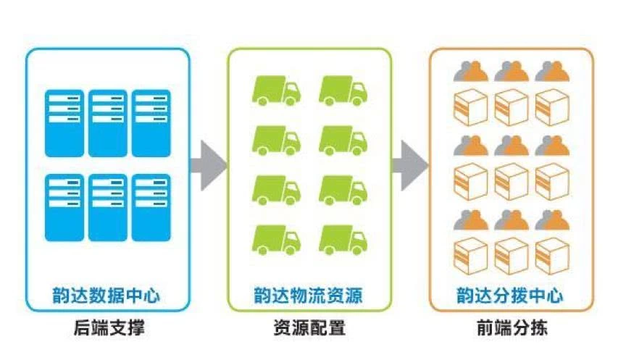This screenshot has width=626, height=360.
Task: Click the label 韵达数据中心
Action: click(107, 296)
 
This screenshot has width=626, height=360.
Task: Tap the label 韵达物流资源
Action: click(309, 296)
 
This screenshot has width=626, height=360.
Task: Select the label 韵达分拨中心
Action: click(510, 296)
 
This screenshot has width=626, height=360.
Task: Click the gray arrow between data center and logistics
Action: click(208, 165)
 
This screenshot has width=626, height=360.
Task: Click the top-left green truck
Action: click(276, 90)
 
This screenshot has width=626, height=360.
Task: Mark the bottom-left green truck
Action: click(276, 239)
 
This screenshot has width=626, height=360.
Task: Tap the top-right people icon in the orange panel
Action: click(552, 71)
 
